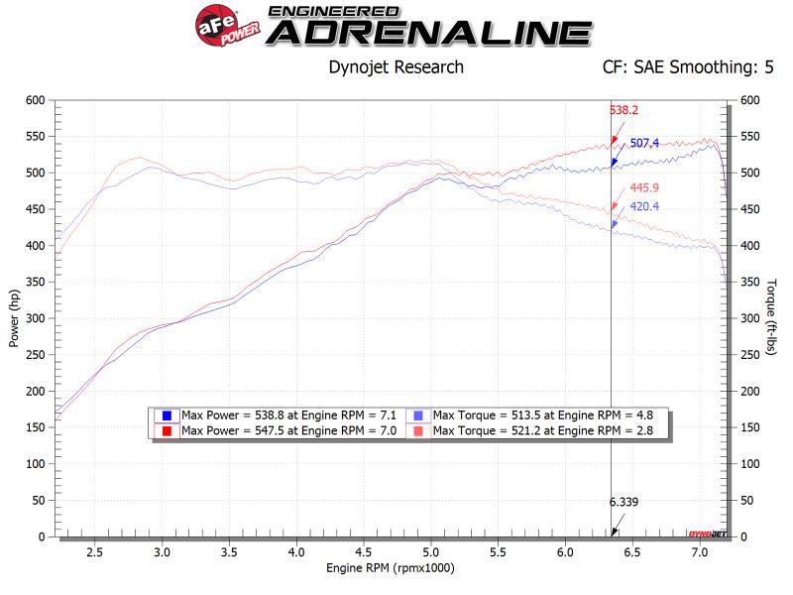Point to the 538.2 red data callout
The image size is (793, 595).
coord(623,111)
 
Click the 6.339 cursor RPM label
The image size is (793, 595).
coord(623,502)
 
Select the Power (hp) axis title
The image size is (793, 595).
coord(14,317)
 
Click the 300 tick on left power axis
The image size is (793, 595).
coord(36,318)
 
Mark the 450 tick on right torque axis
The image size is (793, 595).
coord(748,209)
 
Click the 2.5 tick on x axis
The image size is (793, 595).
coord(95,550)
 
